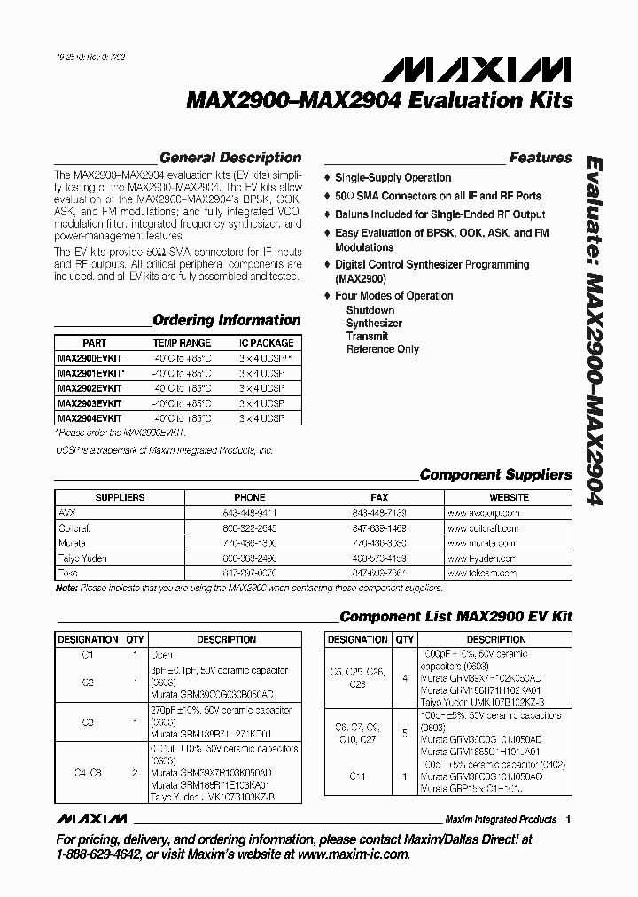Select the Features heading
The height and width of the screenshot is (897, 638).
tap(540, 158)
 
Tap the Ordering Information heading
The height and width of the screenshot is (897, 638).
tap(226, 320)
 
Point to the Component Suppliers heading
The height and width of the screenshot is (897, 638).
tap(495, 474)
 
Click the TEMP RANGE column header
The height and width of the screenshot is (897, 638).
tap(182, 343)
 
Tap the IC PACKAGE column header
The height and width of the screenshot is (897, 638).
tap(266, 343)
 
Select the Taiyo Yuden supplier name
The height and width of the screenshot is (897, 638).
tap(83, 558)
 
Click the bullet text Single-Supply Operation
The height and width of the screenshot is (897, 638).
tap(393, 178)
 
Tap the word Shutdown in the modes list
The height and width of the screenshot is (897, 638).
tap(370, 310)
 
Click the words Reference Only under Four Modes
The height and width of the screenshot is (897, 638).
tap(383, 349)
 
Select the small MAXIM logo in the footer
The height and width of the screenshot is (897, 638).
tap(90, 818)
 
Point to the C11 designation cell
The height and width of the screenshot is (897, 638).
tap(357, 776)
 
